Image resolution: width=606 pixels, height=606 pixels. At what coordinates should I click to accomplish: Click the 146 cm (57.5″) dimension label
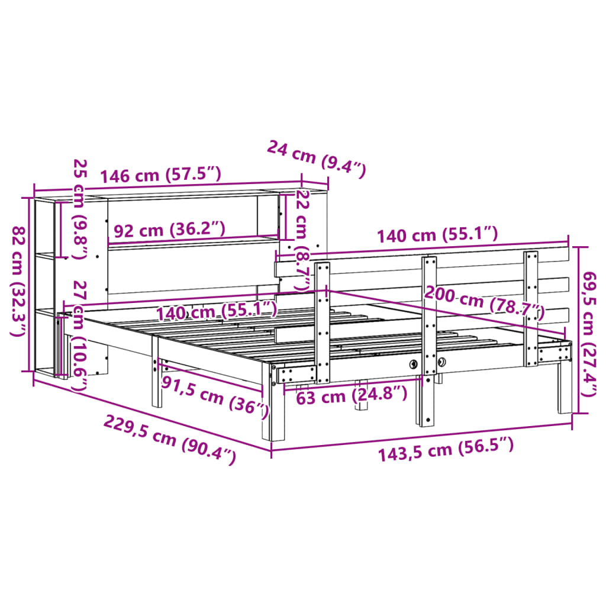point(160,175)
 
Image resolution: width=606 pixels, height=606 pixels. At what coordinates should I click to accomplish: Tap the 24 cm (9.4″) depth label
point(317,159)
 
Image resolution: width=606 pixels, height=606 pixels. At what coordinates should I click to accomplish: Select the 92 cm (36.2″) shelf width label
point(169,230)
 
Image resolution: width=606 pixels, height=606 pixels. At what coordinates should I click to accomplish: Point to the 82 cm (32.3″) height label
point(20,281)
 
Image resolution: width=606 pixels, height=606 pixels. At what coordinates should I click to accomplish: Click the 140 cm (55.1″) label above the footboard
point(438,235)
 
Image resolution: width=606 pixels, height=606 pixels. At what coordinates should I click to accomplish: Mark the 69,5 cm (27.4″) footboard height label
point(590,341)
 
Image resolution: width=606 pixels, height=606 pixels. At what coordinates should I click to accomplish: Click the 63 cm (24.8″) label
point(352,394)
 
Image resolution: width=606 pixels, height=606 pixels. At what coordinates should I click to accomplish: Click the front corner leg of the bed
point(276,414)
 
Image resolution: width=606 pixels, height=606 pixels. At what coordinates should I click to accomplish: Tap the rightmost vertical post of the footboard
point(531,308)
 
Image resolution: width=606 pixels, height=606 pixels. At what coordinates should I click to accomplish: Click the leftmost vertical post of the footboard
point(323,323)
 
